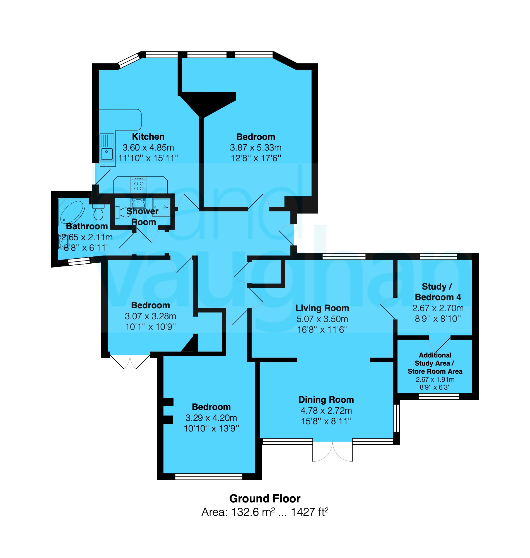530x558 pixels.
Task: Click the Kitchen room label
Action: coord(148,137)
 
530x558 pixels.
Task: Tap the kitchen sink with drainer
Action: coord(107,147)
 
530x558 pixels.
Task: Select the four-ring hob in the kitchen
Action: coord(139,185)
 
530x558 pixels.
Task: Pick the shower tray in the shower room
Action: coord(161,207)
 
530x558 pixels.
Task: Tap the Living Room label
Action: coord(322,308)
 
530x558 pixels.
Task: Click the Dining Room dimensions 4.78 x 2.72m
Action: coord(326,410)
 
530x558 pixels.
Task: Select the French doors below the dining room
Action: coord(332,451)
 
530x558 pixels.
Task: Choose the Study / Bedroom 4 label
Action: coord(438,292)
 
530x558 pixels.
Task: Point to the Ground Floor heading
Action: coord(265,499)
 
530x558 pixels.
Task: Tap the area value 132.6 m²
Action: coord(253,512)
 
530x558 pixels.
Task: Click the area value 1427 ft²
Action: coord(310,512)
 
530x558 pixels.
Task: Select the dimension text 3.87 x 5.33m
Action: coord(256,147)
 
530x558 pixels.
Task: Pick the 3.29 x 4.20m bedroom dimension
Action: coord(211,418)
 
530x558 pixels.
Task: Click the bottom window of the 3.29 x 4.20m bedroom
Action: coord(209,476)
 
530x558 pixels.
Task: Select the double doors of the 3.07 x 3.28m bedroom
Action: coord(130,362)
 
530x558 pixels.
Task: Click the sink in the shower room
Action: coord(138,204)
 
